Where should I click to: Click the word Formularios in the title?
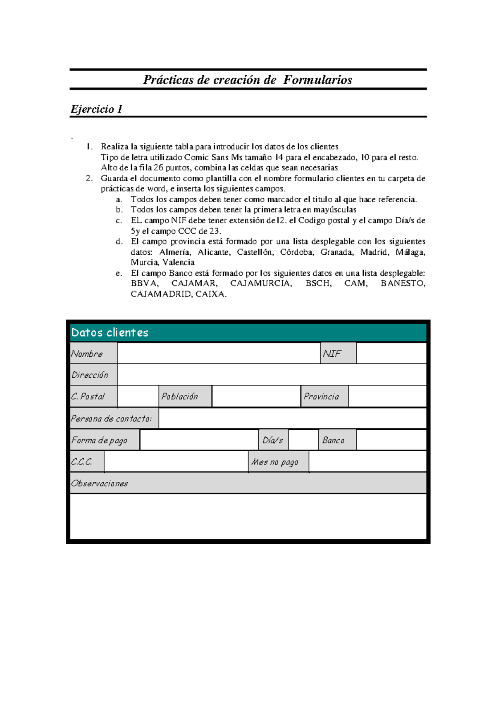click(317, 80)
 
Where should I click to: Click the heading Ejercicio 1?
click(96, 109)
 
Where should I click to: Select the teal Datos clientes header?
click(248, 332)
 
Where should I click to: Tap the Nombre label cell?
click(93, 353)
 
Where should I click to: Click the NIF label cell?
click(338, 353)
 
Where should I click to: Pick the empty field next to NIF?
click(391, 353)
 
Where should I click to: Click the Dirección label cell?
click(93, 375)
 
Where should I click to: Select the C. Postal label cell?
click(93, 396)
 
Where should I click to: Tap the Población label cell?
click(185, 396)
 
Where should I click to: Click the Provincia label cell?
click(324, 396)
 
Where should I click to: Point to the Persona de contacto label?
click(114, 419)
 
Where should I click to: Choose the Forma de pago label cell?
click(104, 440)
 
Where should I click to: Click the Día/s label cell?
click(273, 440)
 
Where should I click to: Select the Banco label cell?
click(337, 440)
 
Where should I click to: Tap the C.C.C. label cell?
click(87, 462)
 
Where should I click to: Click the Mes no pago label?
click(278, 462)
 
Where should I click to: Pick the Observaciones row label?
click(248, 483)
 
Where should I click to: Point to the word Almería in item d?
click(175, 252)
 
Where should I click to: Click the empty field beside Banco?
click(391, 440)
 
